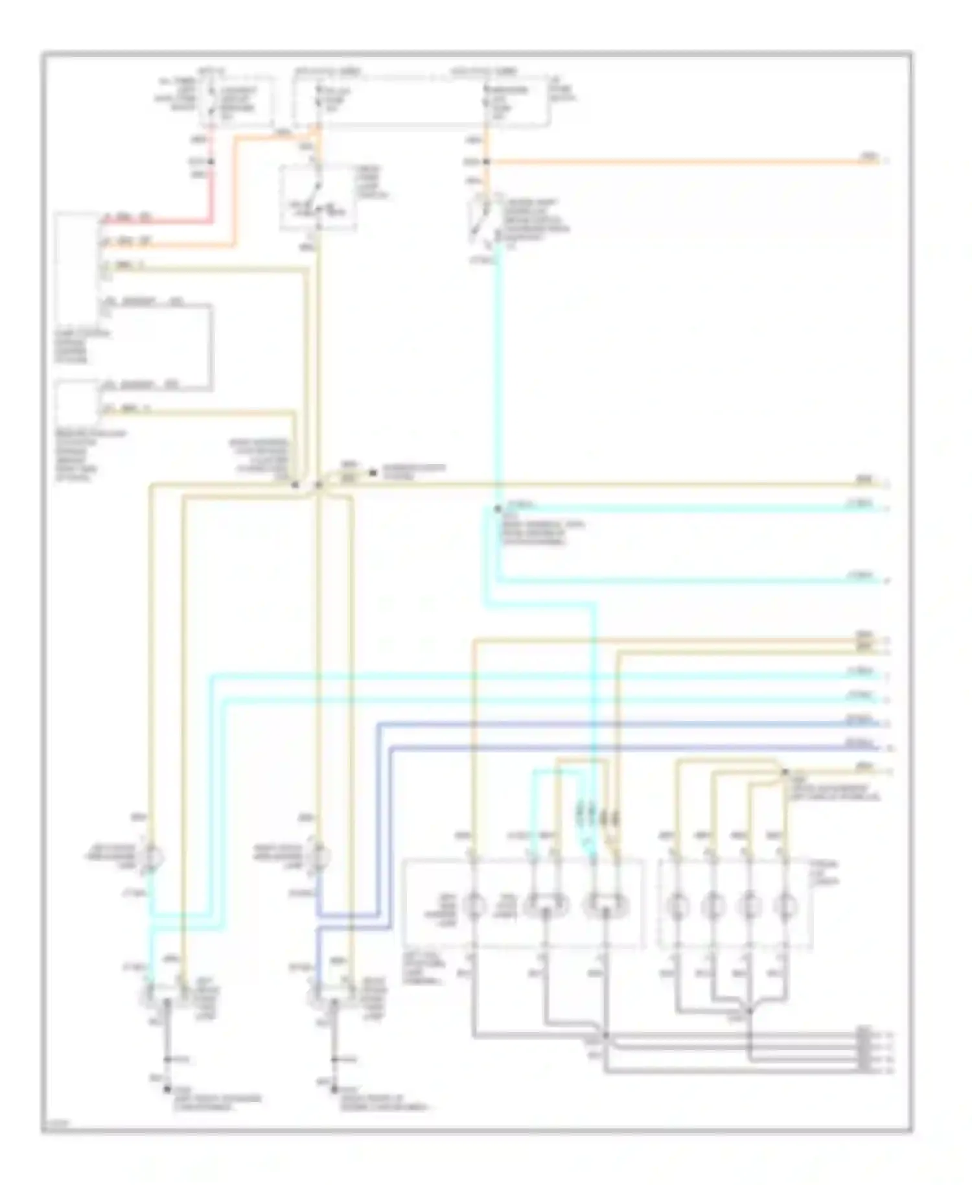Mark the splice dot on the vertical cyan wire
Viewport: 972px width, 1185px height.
point(498,509)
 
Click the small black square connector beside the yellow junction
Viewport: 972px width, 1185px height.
point(373,473)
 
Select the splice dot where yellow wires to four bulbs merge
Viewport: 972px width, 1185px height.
point(784,771)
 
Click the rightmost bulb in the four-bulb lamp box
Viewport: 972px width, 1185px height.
point(785,903)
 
